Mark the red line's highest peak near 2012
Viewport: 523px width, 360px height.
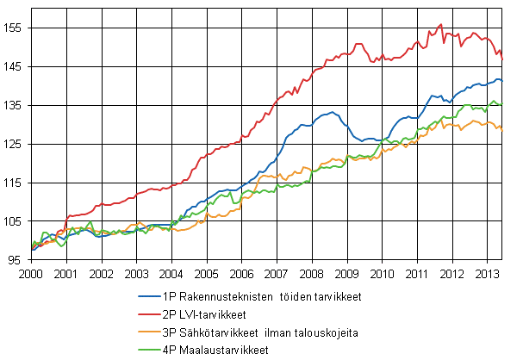[441, 25]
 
